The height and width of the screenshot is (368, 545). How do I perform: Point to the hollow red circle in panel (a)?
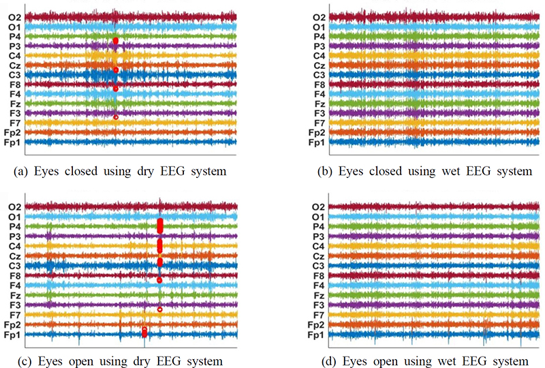click(116, 117)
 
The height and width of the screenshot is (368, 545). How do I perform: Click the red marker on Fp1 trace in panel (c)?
click(144, 333)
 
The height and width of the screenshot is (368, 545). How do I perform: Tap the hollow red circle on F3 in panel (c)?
click(159, 309)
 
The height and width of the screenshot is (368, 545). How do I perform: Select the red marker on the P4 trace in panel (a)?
click(116, 41)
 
